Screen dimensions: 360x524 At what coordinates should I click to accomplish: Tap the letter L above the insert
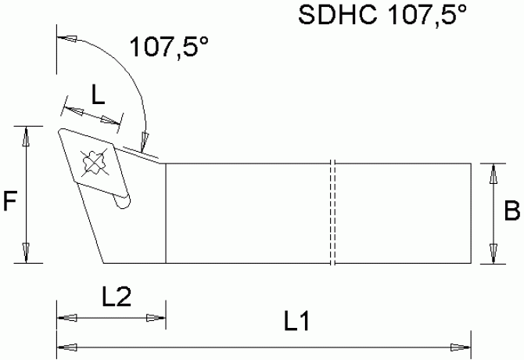point(99,95)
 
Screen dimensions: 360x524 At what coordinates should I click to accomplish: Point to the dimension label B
point(511,211)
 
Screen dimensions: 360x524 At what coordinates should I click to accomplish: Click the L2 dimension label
point(116,297)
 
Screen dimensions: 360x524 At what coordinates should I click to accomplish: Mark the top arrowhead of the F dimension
point(26,136)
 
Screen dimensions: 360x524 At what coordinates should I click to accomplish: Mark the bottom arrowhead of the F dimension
point(26,253)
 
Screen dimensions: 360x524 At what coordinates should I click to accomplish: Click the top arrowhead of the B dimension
point(492,174)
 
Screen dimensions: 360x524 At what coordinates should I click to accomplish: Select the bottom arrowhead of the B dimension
point(492,253)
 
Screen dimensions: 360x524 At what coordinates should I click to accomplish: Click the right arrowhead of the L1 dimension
point(461,346)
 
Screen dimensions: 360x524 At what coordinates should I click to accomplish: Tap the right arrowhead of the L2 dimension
point(156,318)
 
